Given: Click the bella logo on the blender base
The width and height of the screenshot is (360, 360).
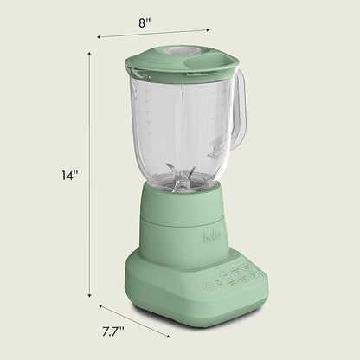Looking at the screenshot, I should (x=212, y=234).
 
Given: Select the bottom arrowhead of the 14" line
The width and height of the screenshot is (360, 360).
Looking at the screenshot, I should (x=90, y=297).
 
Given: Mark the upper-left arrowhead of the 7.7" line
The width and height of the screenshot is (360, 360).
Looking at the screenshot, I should (x=100, y=305).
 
